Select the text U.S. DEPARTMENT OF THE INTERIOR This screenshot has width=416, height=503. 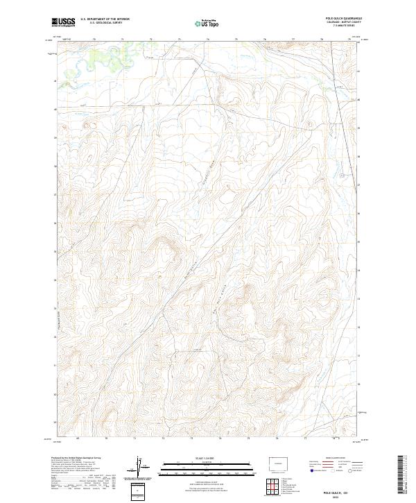(x=105, y=20)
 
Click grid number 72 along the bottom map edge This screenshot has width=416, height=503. (x=162, y=439)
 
